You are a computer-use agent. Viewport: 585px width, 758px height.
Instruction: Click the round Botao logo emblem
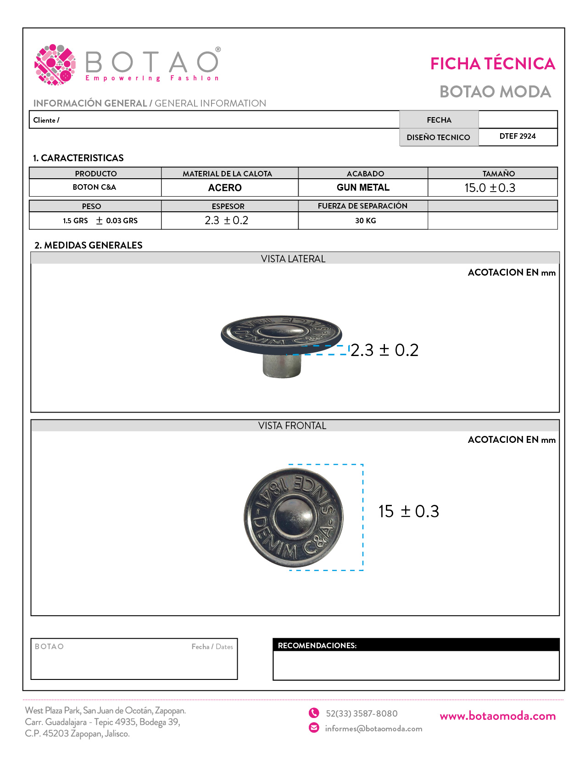tap(55, 65)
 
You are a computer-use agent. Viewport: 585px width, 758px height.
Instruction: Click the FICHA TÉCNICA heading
tap(492, 64)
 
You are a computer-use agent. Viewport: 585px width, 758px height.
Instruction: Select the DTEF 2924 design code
tap(517, 136)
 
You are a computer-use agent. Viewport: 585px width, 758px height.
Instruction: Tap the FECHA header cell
tap(439, 120)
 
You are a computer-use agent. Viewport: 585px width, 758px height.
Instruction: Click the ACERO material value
tap(225, 188)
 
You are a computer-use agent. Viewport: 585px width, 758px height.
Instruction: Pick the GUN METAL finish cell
tap(363, 187)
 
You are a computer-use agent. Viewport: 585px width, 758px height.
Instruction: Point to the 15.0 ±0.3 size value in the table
tap(490, 188)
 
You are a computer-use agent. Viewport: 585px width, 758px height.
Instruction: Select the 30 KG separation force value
tap(365, 221)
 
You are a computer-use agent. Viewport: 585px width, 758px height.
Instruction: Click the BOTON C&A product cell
tap(95, 187)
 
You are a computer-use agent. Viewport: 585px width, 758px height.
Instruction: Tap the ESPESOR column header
tap(228, 206)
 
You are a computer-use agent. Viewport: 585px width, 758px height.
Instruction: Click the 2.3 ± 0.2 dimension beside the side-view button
tap(384, 351)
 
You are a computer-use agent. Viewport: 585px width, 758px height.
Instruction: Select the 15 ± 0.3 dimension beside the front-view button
tap(408, 512)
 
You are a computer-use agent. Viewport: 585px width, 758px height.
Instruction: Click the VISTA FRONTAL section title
tap(292, 426)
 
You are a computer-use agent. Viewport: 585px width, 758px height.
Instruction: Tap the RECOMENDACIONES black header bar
tap(416, 645)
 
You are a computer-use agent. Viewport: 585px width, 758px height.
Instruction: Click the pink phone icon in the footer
tap(314, 713)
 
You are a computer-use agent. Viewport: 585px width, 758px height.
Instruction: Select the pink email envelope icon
tap(314, 728)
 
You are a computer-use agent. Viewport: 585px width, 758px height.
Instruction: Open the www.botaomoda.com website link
tap(497, 716)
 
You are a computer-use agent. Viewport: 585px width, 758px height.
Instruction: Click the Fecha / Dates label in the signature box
tap(212, 647)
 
